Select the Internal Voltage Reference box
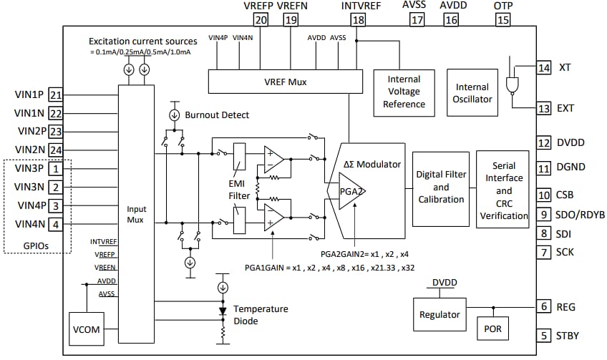tap(403, 92)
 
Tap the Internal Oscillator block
tap(472, 93)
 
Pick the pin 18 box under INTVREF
tap(357, 20)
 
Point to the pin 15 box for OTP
tap(503, 20)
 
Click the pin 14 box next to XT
tap(544, 68)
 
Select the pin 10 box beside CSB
tap(544, 195)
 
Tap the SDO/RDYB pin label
tap(581, 214)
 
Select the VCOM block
tap(85, 331)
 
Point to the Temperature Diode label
tap(264, 315)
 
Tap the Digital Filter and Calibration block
tap(440, 188)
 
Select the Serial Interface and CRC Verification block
tap(504, 190)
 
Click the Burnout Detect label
tap(217, 115)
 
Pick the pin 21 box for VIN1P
tap(56, 94)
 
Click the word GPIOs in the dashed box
tap(39, 245)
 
